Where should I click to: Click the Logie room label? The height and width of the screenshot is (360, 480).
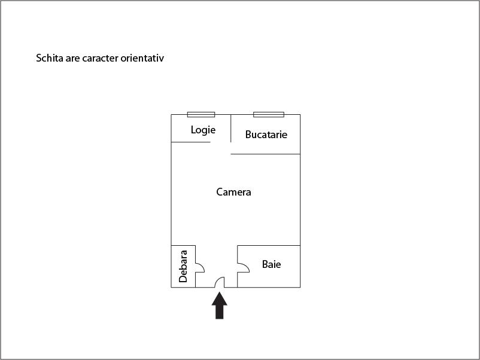click(x=203, y=130)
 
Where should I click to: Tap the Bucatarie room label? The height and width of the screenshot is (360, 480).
click(x=266, y=135)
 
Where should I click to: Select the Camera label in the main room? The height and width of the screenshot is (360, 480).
click(x=233, y=192)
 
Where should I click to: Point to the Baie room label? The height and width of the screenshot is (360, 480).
click(x=272, y=264)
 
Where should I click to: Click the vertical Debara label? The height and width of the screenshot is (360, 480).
click(x=183, y=266)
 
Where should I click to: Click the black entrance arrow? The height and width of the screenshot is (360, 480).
click(x=220, y=306)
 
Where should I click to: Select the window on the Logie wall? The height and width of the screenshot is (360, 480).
click(x=201, y=115)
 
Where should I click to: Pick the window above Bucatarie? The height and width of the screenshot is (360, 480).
click(x=269, y=115)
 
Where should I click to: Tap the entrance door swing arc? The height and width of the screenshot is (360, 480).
click(x=220, y=282)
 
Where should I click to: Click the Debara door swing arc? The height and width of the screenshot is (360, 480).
click(x=200, y=268)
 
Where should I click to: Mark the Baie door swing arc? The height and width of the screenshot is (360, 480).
click(x=244, y=268)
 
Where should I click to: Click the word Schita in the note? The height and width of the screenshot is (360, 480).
click(x=50, y=58)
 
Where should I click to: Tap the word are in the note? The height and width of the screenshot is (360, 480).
click(x=72, y=59)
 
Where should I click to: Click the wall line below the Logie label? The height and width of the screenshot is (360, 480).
click(x=191, y=142)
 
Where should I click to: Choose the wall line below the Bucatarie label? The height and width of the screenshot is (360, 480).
click(x=265, y=154)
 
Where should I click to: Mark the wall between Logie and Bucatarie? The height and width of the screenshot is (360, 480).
click(x=231, y=129)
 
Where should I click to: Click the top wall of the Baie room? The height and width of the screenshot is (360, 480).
click(x=269, y=245)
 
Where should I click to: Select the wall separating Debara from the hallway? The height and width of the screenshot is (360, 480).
click(x=195, y=266)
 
